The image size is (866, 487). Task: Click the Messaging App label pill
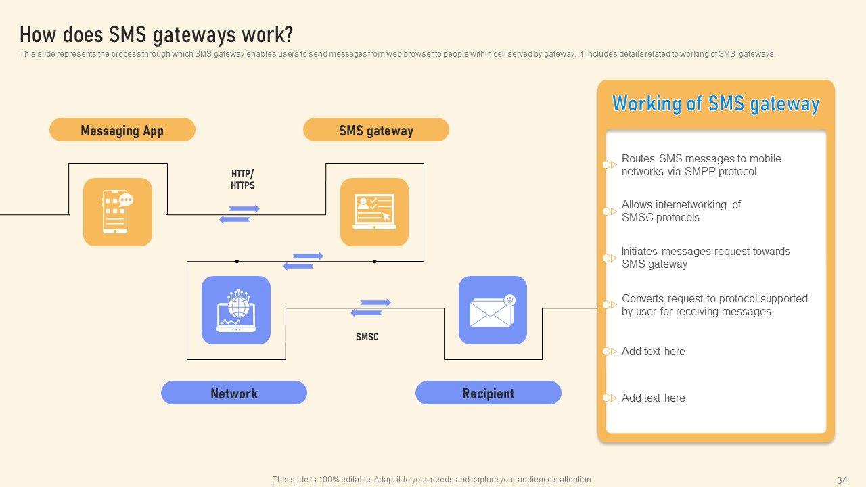pyautogui.click(x=122, y=130)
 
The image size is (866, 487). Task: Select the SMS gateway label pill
pyautogui.click(x=375, y=130)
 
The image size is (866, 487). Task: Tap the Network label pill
pyautogui.click(x=233, y=393)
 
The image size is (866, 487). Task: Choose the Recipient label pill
pyautogui.click(x=488, y=393)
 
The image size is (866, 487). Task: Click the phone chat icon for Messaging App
pyautogui.click(x=118, y=212)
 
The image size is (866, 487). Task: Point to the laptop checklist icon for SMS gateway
pyautogui.click(x=374, y=212)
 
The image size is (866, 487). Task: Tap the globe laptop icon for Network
pyautogui.click(x=236, y=310)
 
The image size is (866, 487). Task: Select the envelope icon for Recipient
pyautogui.click(x=493, y=310)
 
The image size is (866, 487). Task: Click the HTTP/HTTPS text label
pyautogui.click(x=243, y=179)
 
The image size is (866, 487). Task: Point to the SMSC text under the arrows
pyautogui.click(x=367, y=337)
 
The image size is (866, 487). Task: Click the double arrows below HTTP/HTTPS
pyautogui.click(x=240, y=214)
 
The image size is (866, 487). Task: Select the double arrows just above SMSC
pyautogui.click(x=371, y=308)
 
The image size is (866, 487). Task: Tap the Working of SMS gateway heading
pyautogui.click(x=716, y=103)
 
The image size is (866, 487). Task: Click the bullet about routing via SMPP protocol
pyautogui.click(x=701, y=165)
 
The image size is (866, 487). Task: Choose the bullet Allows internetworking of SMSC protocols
pyautogui.click(x=681, y=211)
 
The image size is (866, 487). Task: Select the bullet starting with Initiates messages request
pyautogui.click(x=705, y=258)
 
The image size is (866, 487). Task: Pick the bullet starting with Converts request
pyautogui.click(x=714, y=305)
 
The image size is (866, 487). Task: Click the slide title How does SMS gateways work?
pyautogui.click(x=156, y=34)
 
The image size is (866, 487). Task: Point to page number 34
pyautogui.click(x=842, y=480)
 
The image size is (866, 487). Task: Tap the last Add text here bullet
pyautogui.click(x=653, y=398)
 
